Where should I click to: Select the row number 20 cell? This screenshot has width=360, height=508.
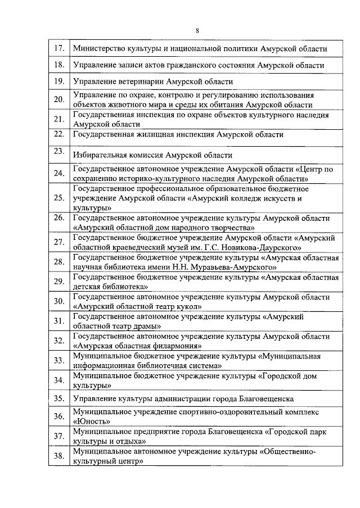[57, 100]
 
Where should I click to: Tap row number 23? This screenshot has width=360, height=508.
[57, 151]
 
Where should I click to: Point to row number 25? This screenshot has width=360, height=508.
[57, 198]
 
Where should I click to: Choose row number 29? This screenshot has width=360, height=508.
[57, 282]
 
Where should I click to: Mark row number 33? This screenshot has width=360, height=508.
[57, 360]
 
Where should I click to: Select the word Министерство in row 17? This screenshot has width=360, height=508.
[101, 49]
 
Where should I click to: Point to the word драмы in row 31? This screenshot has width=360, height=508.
[148, 326]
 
